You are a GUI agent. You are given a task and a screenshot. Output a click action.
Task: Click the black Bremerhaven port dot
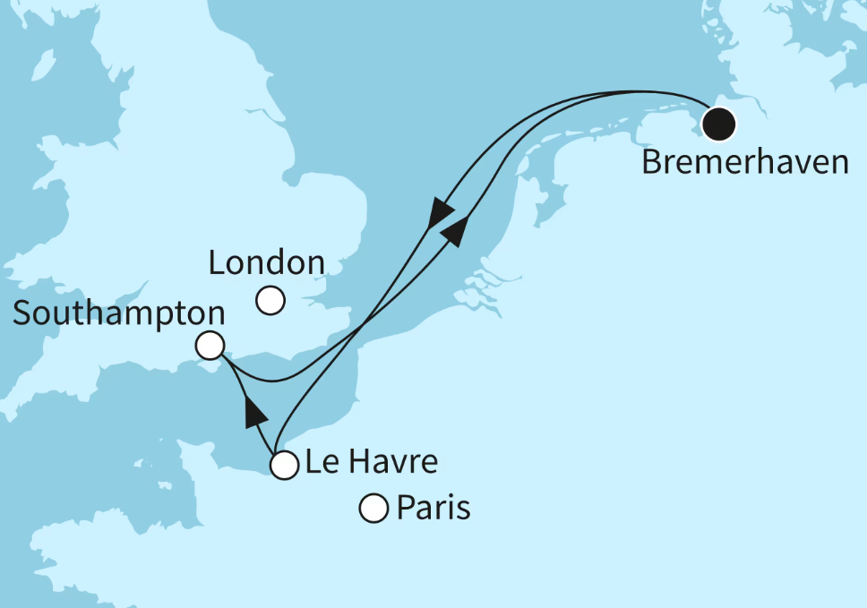pos(718,124)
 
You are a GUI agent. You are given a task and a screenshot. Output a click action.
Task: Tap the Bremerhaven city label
pos(745,163)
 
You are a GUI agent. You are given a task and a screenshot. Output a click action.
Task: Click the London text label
pos(266,263)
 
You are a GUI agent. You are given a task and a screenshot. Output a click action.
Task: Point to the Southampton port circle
pos(210,346)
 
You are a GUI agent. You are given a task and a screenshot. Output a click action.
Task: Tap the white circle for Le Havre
pos(284,466)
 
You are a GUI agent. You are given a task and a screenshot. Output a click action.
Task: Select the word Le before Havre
pos(321,463)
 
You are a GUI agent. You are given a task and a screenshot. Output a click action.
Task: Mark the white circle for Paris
pos(373,510)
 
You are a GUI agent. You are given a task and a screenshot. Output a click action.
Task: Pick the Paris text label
pos(433,510)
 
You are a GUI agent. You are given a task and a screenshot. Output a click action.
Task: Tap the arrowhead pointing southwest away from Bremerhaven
pos(440,216)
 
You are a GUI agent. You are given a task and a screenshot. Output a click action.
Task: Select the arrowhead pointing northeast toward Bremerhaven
pos(456,230)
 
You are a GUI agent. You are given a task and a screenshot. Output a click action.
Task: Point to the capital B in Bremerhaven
pos(652,163)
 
